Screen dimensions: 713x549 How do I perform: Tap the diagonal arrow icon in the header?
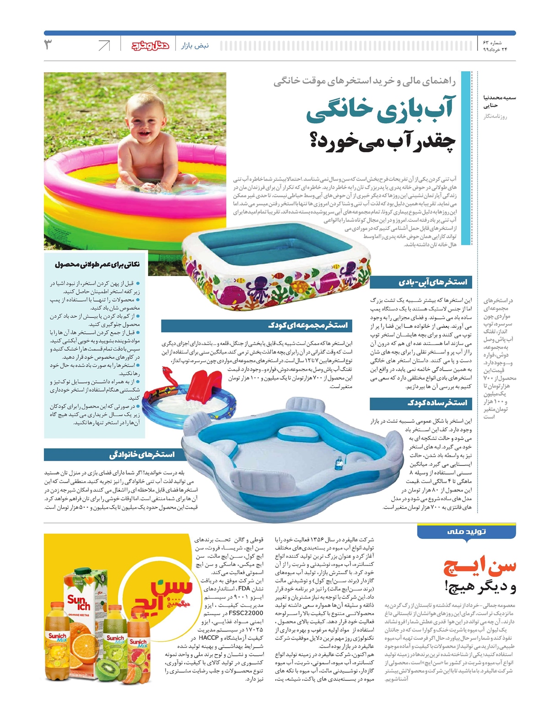(104, 45)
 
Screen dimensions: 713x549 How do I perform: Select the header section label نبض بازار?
(195, 46)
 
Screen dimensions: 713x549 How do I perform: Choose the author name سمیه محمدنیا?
(500, 97)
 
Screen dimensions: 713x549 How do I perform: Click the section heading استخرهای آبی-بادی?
(433, 282)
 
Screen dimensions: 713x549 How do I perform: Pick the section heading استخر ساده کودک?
(437, 403)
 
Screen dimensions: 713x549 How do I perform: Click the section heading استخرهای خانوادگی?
(142, 454)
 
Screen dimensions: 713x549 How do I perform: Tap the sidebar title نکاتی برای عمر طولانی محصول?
(97, 264)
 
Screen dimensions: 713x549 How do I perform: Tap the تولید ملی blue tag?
(466, 532)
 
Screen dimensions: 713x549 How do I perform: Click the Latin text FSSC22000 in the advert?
(246, 613)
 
